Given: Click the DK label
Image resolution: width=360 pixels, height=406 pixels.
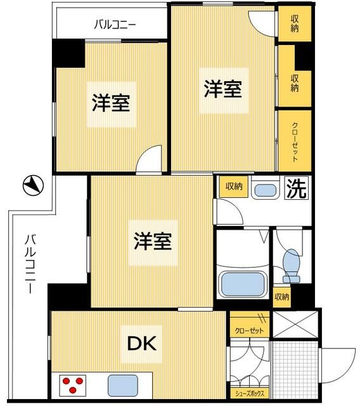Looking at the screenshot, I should (x=143, y=344).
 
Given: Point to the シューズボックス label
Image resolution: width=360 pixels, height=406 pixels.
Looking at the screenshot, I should (x=250, y=393).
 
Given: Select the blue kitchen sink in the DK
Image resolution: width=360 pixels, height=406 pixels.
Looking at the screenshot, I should (x=122, y=384).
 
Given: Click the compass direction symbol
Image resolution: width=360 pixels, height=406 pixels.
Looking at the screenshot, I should (x=32, y=185).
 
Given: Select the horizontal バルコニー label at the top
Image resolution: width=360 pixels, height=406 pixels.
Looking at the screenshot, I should (x=115, y=25).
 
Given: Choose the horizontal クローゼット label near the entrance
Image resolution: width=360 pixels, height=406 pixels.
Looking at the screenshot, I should (x=249, y=330).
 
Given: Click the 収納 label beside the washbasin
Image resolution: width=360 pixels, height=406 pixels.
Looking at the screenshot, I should (x=233, y=187).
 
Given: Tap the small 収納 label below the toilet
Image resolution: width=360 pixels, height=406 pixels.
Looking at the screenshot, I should (x=282, y=296).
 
